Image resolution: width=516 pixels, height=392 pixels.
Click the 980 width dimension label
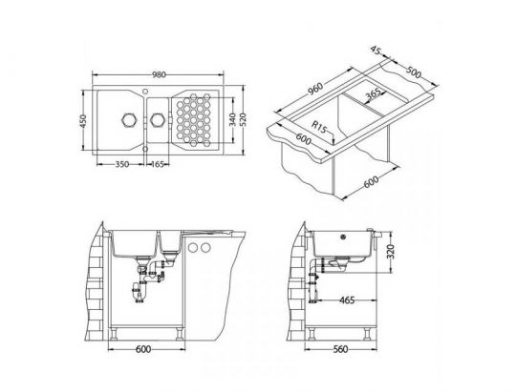(159, 74)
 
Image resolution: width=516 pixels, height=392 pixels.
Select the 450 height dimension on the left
(83, 121)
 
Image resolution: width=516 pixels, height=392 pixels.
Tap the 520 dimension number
(243, 120)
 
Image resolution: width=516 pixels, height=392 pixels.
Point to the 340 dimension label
(232, 119)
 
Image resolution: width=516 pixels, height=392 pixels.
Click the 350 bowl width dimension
(122, 164)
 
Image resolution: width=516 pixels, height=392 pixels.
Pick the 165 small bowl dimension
(157, 164)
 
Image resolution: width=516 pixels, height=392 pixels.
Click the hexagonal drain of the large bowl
(128, 119)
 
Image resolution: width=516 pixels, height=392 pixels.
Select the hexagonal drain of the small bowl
(157, 119)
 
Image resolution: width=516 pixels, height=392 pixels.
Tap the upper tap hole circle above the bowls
(145, 91)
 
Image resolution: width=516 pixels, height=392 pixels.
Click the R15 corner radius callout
(319, 127)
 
